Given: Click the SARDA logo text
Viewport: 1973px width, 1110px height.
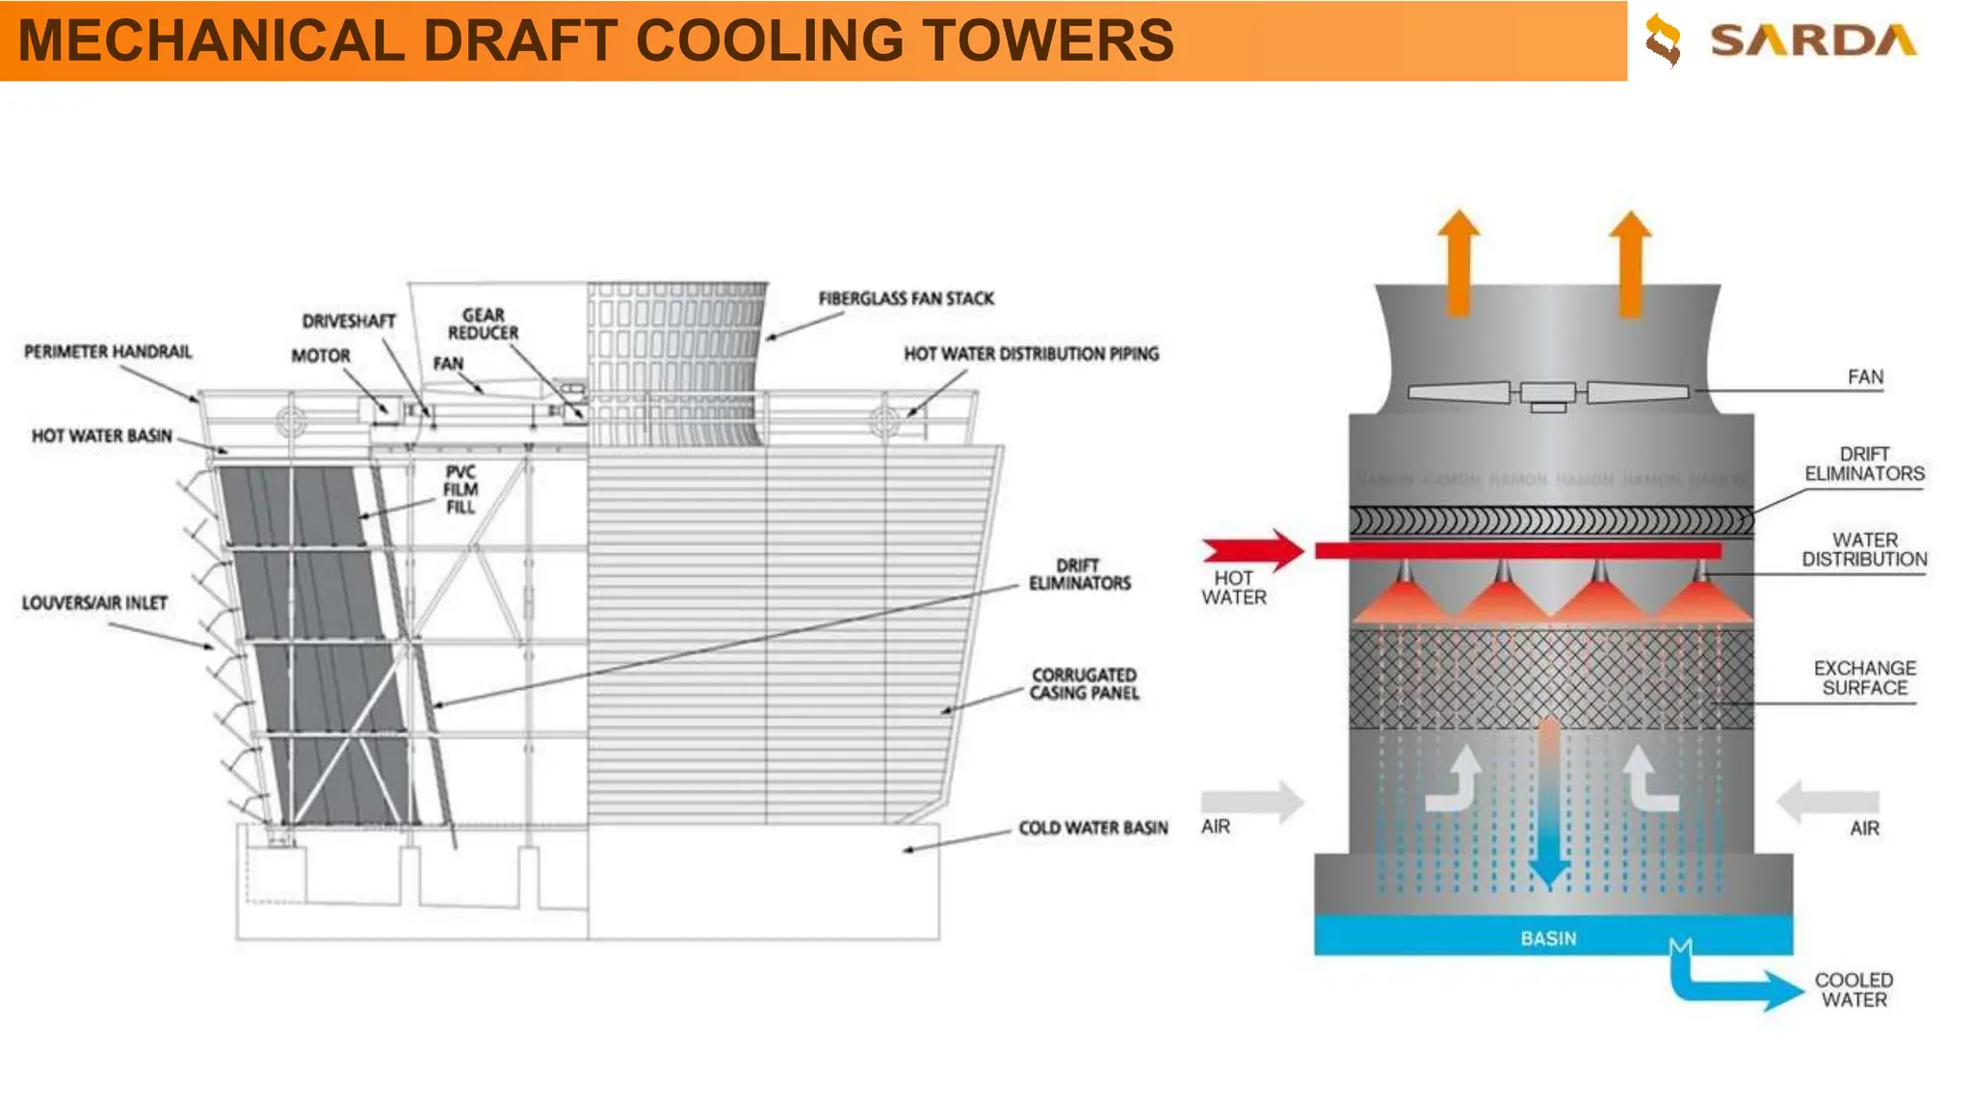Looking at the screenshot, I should (1812, 40).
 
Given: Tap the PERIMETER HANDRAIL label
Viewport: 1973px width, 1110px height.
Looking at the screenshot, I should (108, 352).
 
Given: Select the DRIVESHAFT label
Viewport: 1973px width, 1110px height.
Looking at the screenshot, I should (349, 321).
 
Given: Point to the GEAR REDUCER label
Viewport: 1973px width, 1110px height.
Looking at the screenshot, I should (483, 324).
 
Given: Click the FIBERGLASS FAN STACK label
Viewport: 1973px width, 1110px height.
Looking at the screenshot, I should (906, 299).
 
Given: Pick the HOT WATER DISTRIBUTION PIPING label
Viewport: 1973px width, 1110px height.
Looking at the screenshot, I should (1031, 354).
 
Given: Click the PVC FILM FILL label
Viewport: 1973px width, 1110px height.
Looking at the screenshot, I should (460, 489).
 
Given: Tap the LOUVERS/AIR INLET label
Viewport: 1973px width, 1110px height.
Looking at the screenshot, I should (94, 603).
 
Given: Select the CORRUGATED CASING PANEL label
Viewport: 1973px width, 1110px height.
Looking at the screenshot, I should (1085, 683).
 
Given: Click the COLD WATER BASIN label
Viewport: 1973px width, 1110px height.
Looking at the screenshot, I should (1093, 828).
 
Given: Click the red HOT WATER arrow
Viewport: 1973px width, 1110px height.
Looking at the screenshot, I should (1253, 550).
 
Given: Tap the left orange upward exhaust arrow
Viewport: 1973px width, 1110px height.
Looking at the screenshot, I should (1459, 261).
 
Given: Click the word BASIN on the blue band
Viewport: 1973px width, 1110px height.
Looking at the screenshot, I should (1548, 938).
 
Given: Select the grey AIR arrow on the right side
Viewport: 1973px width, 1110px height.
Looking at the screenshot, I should (1828, 801).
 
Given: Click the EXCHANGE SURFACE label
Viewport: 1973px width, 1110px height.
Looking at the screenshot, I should (1864, 677).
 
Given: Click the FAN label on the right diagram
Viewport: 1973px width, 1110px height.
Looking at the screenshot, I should (1865, 377).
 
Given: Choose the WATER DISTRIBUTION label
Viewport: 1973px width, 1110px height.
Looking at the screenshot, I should (1864, 549).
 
